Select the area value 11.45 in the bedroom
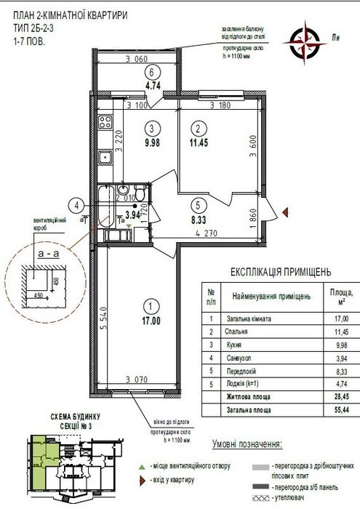click(199, 142)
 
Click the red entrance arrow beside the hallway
click(285, 212)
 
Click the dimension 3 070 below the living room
click(136, 379)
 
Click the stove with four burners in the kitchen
click(105, 121)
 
